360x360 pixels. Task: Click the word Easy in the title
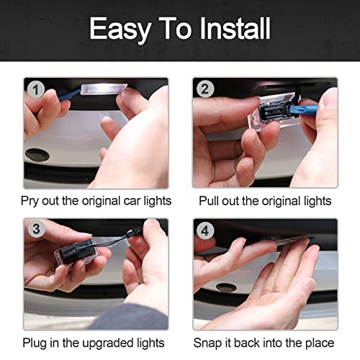pos(120,30)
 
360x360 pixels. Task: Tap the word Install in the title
pos(235,28)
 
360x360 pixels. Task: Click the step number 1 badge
pos(35,90)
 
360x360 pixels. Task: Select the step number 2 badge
pos(205,89)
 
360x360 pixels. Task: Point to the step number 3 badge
pos(36,228)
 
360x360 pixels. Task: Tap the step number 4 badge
pos(205,230)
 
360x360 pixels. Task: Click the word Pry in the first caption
pos(30,201)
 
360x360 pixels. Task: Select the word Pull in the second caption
pos(209,201)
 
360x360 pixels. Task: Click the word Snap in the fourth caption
pos(207,343)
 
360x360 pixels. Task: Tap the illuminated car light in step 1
pos(104,89)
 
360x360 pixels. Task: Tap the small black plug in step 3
pos(130,233)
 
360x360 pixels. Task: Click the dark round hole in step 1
pos(37,155)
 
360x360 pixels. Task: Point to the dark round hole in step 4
pos(226,287)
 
